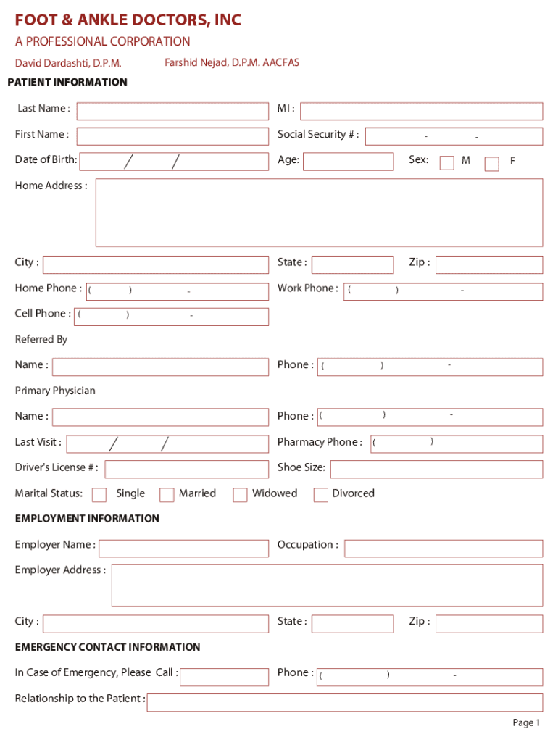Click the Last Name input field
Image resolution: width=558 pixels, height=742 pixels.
(x=172, y=111)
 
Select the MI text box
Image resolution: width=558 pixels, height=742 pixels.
(x=421, y=111)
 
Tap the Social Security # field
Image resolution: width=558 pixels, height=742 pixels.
(x=454, y=136)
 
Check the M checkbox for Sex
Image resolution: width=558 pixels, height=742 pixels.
(x=447, y=162)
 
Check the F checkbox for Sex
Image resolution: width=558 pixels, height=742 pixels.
(x=491, y=163)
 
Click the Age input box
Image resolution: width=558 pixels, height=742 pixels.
(x=348, y=161)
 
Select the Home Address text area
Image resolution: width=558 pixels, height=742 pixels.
(x=319, y=212)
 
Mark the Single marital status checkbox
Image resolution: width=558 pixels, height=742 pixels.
(x=99, y=495)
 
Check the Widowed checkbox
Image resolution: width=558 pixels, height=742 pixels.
(x=240, y=495)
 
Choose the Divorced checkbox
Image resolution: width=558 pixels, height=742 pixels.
(x=320, y=495)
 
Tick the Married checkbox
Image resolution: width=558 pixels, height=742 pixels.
(x=167, y=495)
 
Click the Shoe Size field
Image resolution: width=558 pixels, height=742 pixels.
(x=436, y=469)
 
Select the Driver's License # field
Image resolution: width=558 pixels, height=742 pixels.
(x=186, y=469)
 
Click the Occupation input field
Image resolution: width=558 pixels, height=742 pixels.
(x=443, y=548)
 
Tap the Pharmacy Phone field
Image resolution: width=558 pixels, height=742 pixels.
(x=457, y=443)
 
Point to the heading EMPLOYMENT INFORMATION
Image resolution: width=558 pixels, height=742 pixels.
(x=87, y=519)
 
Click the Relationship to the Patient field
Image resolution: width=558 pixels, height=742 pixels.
(x=344, y=701)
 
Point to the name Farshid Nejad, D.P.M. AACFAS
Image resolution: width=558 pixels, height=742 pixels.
(x=232, y=63)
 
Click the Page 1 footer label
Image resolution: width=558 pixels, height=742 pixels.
(x=526, y=722)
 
